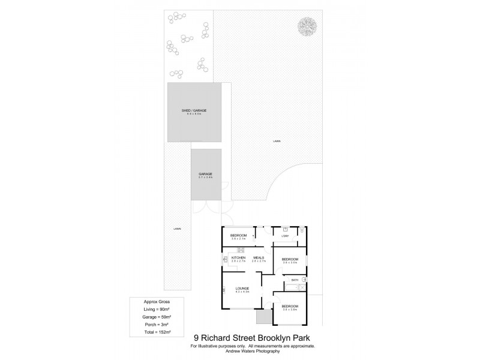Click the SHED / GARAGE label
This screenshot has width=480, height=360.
tap(194, 111)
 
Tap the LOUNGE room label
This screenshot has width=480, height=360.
tap(242, 287)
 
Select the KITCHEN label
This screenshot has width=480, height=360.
tap(238, 258)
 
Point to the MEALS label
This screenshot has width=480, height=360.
tap(259, 258)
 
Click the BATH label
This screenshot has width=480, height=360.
tap(295, 280)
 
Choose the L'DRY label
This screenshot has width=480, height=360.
tap(286, 236)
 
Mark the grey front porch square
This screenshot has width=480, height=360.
tap(263, 316)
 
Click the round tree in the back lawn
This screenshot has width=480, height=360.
tap(307, 26)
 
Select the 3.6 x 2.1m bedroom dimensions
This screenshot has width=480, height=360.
tap(239, 238)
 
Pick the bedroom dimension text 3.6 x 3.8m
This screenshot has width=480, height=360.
tap(290, 309)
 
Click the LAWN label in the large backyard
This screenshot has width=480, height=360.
tap(276, 141)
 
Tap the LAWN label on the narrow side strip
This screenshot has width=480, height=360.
tap(177, 229)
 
